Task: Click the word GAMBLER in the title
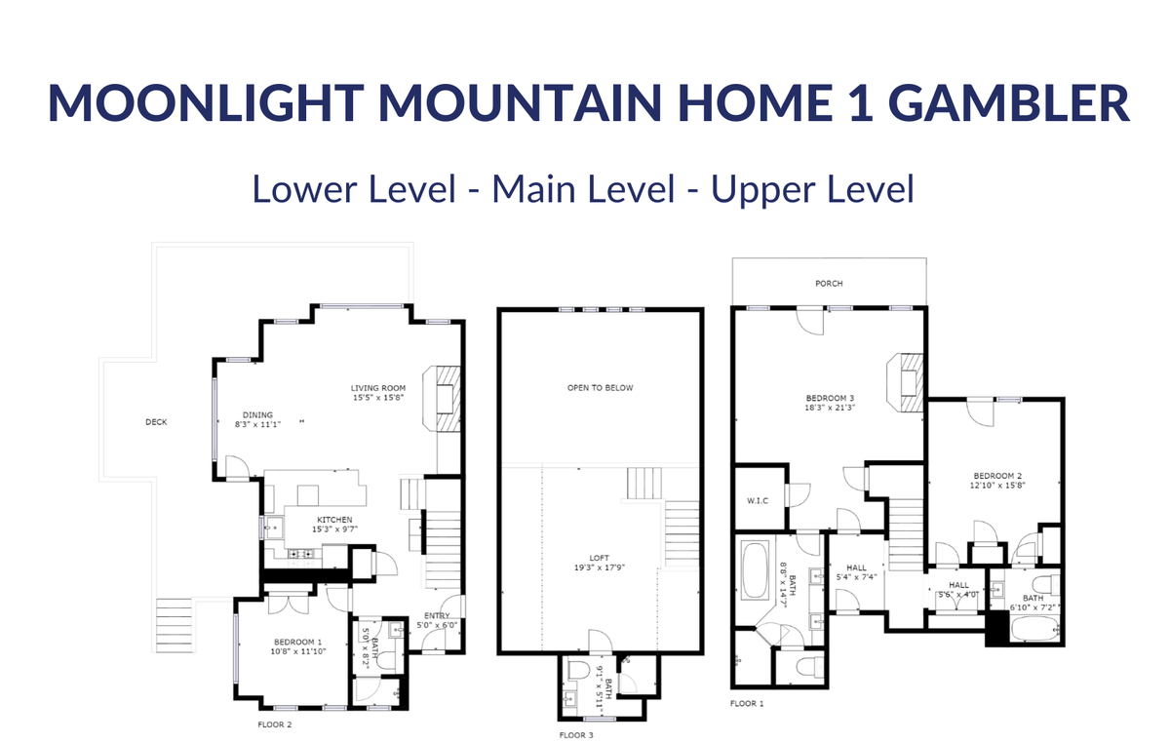1008,102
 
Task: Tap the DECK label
156,422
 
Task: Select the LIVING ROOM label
378,388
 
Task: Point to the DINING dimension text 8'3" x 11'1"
258,425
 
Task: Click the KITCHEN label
334,520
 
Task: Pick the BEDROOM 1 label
298,643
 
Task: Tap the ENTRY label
437,616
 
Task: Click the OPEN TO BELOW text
601,388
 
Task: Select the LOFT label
599,558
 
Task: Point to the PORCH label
829,284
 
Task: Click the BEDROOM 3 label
830,398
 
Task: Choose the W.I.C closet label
758,501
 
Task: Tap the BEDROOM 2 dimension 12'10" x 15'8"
997,486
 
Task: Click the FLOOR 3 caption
576,735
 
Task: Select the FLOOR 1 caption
747,704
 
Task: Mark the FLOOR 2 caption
275,724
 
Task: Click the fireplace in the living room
442,399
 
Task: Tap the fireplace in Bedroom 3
905,383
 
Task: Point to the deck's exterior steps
175,625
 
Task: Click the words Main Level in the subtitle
583,188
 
